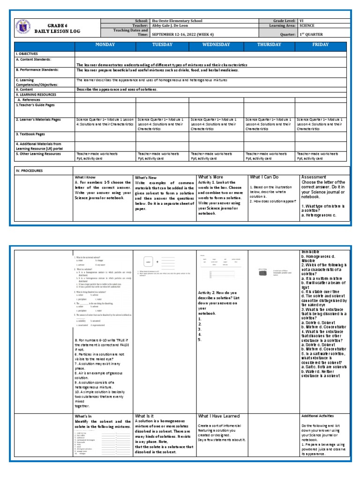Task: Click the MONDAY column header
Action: click(x=105, y=45)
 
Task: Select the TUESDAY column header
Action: click(x=162, y=45)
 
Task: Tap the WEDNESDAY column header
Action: click(x=216, y=45)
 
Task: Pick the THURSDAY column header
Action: click(x=269, y=45)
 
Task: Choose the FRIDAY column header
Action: click(x=321, y=45)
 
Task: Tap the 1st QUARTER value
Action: click(x=312, y=34)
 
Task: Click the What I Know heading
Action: click(x=85, y=178)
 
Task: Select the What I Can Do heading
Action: click(x=264, y=177)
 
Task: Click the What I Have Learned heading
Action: click(x=218, y=416)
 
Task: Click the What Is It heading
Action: click(x=147, y=416)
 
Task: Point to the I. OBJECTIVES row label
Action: click(x=27, y=54)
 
